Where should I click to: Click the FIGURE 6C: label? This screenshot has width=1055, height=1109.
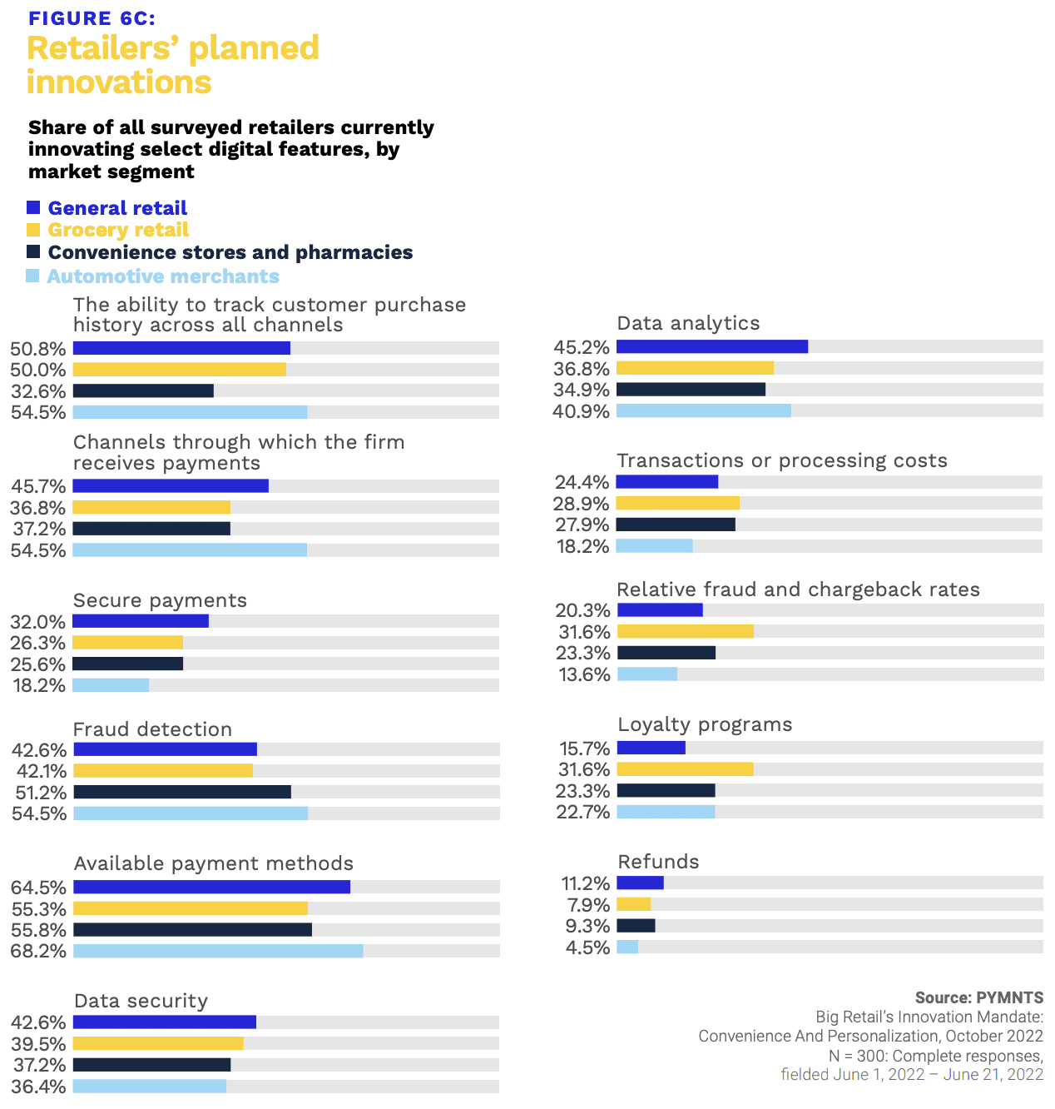point(92,18)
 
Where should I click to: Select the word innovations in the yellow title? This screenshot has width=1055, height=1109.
point(119,82)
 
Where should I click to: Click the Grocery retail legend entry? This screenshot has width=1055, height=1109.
point(118,230)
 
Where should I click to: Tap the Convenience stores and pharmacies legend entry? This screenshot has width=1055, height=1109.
point(230,252)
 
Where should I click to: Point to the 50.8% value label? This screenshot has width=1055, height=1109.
point(38,349)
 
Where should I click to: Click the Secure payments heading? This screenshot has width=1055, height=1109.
point(160,600)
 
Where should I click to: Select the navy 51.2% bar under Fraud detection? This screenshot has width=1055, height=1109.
point(182,792)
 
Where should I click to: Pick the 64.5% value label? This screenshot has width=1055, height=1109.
point(38,888)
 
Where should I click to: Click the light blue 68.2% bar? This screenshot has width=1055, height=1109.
point(218,951)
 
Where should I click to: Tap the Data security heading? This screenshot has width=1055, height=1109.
point(141,1001)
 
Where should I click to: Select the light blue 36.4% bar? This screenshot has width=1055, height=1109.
point(150,1086)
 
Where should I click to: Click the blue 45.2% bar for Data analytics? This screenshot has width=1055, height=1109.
point(712,346)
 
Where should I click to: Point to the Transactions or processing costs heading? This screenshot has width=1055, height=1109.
point(782,460)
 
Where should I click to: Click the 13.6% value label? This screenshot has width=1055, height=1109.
point(584,674)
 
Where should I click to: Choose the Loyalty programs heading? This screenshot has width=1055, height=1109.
point(705,724)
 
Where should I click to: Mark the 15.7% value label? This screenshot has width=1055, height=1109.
point(584,748)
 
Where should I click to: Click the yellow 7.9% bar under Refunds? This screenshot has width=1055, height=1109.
point(634,904)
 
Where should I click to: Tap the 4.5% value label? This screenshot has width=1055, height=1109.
point(587,947)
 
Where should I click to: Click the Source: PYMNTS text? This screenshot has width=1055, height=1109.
point(978,997)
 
